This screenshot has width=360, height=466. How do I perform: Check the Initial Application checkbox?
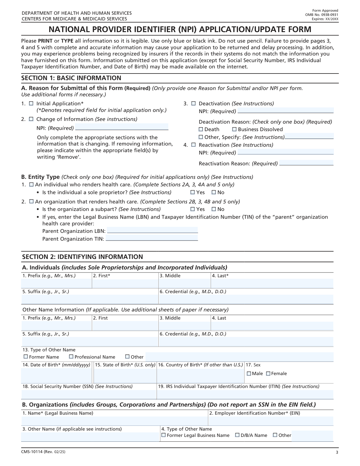click(x=31, y=104)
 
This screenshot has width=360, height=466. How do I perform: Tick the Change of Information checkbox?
click(x=31, y=119)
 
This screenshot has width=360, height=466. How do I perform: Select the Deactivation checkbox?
click(x=193, y=104)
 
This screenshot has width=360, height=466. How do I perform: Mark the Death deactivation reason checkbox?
click(x=201, y=129)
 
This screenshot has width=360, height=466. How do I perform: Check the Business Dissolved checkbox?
click(x=235, y=129)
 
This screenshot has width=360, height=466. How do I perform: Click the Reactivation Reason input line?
click(x=306, y=163)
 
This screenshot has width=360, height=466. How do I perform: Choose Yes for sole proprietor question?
click(x=193, y=192)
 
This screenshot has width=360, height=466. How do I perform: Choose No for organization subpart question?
click(x=214, y=209)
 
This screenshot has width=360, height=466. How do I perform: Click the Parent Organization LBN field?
click(x=152, y=230)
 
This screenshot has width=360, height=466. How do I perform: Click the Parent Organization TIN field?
click(x=152, y=238)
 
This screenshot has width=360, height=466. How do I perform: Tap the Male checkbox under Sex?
click(x=249, y=374)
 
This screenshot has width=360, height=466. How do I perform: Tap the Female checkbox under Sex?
click(x=268, y=374)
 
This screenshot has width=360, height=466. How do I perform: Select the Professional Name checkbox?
click(x=71, y=357)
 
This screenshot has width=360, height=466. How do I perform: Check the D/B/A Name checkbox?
click(x=237, y=435)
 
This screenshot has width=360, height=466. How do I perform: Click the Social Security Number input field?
click(x=89, y=394)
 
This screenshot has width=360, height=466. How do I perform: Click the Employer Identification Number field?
click(x=271, y=421)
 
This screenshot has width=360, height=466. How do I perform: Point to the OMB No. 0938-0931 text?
click(x=322, y=15)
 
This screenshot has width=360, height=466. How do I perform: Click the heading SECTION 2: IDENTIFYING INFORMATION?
click(x=82, y=257)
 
